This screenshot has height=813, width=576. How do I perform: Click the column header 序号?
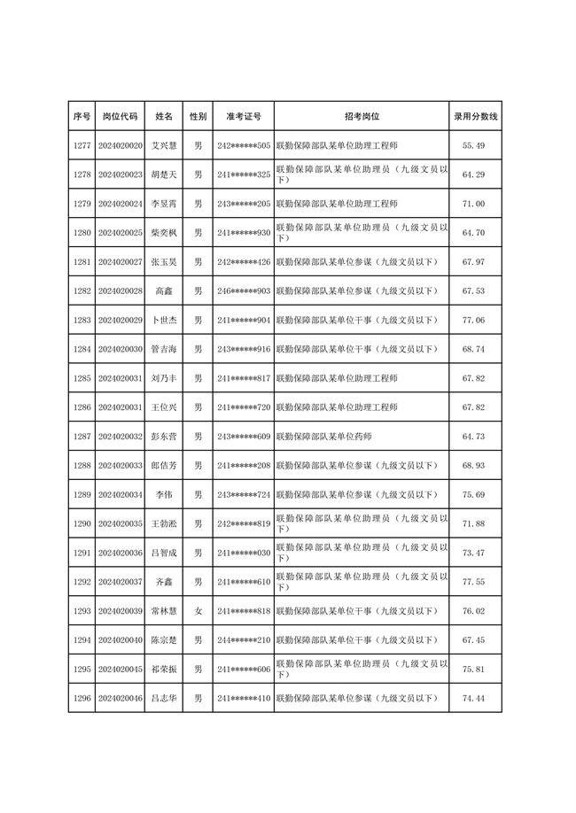[x=82, y=116]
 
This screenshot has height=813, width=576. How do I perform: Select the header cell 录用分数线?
[x=475, y=116]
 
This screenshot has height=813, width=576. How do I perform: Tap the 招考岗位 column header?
[x=362, y=116]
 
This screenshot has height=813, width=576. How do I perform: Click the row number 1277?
[x=82, y=145]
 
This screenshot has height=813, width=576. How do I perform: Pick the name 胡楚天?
[x=164, y=174]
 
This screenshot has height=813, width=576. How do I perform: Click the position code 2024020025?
[x=121, y=233]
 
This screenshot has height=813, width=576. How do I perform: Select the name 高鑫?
[x=164, y=290]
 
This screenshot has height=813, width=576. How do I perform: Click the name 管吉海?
[x=164, y=349]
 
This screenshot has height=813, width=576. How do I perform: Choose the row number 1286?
[x=82, y=407]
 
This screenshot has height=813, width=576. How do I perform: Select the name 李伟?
[x=164, y=494]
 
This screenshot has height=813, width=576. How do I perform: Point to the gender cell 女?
[x=198, y=611]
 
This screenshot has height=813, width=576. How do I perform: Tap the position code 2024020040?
[x=121, y=639]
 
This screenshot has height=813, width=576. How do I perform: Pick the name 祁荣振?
[x=164, y=669]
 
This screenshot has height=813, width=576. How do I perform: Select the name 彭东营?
[x=164, y=437]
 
